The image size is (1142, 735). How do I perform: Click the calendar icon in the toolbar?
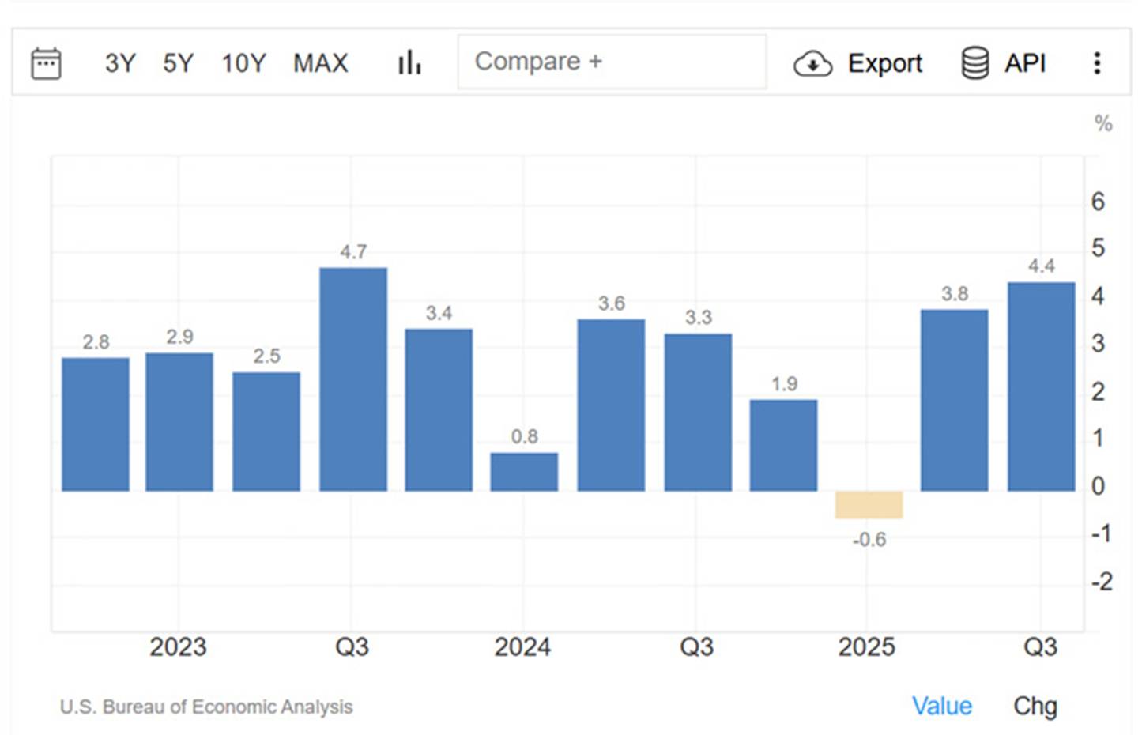click(x=46, y=63)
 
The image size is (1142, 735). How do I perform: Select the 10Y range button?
click(x=243, y=63)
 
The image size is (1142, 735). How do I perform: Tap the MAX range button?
click(x=320, y=63)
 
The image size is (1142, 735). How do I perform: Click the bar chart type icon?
click(x=409, y=62)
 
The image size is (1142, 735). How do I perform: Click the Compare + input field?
click(x=611, y=62)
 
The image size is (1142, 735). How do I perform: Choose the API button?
click(x=1004, y=63)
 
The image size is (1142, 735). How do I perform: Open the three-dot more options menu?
click(x=1097, y=63)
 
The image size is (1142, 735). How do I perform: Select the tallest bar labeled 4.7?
click(x=353, y=379)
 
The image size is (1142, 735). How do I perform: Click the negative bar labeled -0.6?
click(x=869, y=505)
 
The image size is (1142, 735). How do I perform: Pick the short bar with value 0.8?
click(x=524, y=472)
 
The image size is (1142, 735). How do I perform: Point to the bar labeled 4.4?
click(x=1041, y=386)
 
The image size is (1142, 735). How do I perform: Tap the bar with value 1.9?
click(x=783, y=445)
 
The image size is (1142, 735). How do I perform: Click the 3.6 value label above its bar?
click(x=611, y=303)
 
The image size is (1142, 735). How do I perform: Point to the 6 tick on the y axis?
click(x=1098, y=202)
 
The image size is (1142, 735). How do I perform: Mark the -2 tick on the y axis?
click(x=1101, y=582)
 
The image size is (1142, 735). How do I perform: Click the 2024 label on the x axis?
click(x=522, y=647)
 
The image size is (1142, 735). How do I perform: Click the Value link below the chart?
click(x=941, y=706)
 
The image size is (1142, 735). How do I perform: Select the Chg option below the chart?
click(x=1035, y=706)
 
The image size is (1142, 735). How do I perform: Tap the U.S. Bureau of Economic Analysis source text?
click(x=206, y=707)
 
